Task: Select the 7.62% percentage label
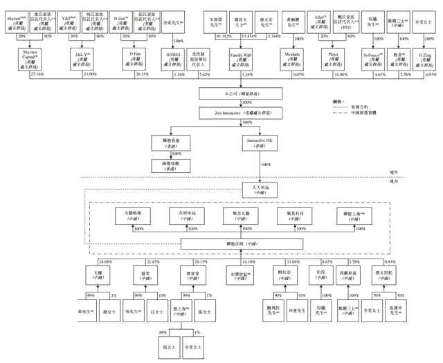click(x=205, y=73)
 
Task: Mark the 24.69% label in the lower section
click(x=106, y=261)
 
